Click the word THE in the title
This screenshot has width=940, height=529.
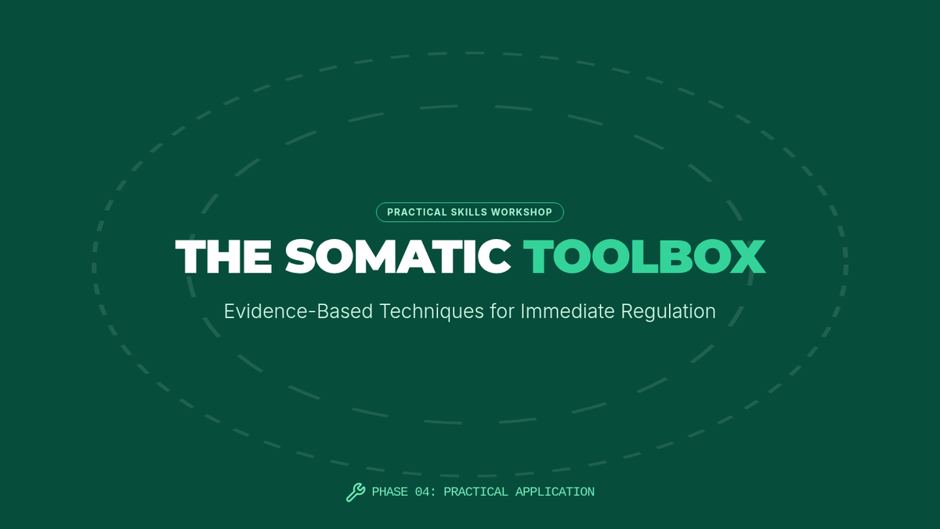(224, 256)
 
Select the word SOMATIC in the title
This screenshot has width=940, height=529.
(398, 256)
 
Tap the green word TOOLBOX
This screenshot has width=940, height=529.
(644, 256)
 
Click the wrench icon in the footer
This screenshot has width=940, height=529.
(356, 492)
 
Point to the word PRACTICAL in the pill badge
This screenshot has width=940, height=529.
(417, 212)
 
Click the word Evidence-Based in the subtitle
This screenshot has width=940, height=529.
(298, 311)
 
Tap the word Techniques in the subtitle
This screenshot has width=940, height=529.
(432, 312)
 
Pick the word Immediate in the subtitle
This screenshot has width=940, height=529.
(567, 311)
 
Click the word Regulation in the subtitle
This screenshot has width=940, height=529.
(668, 312)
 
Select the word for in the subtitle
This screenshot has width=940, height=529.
(502, 311)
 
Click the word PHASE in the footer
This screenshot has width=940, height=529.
(390, 492)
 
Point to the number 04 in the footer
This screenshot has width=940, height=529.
(422, 492)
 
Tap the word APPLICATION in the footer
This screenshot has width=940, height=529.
(555, 492)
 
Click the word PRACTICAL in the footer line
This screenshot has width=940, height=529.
(476, 492)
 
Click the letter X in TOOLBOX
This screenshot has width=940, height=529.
(747, 256)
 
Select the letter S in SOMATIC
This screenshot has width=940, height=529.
(299, 256)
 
